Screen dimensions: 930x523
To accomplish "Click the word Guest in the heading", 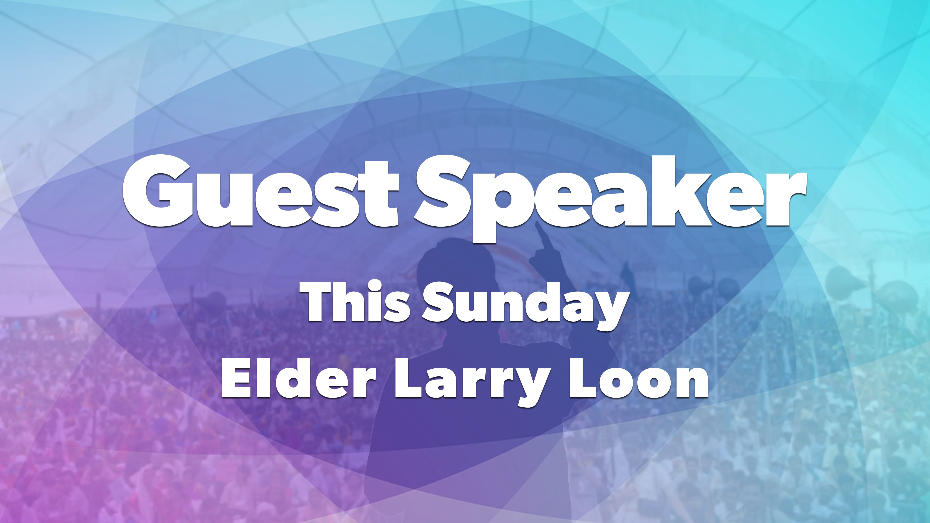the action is coord(261,191).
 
